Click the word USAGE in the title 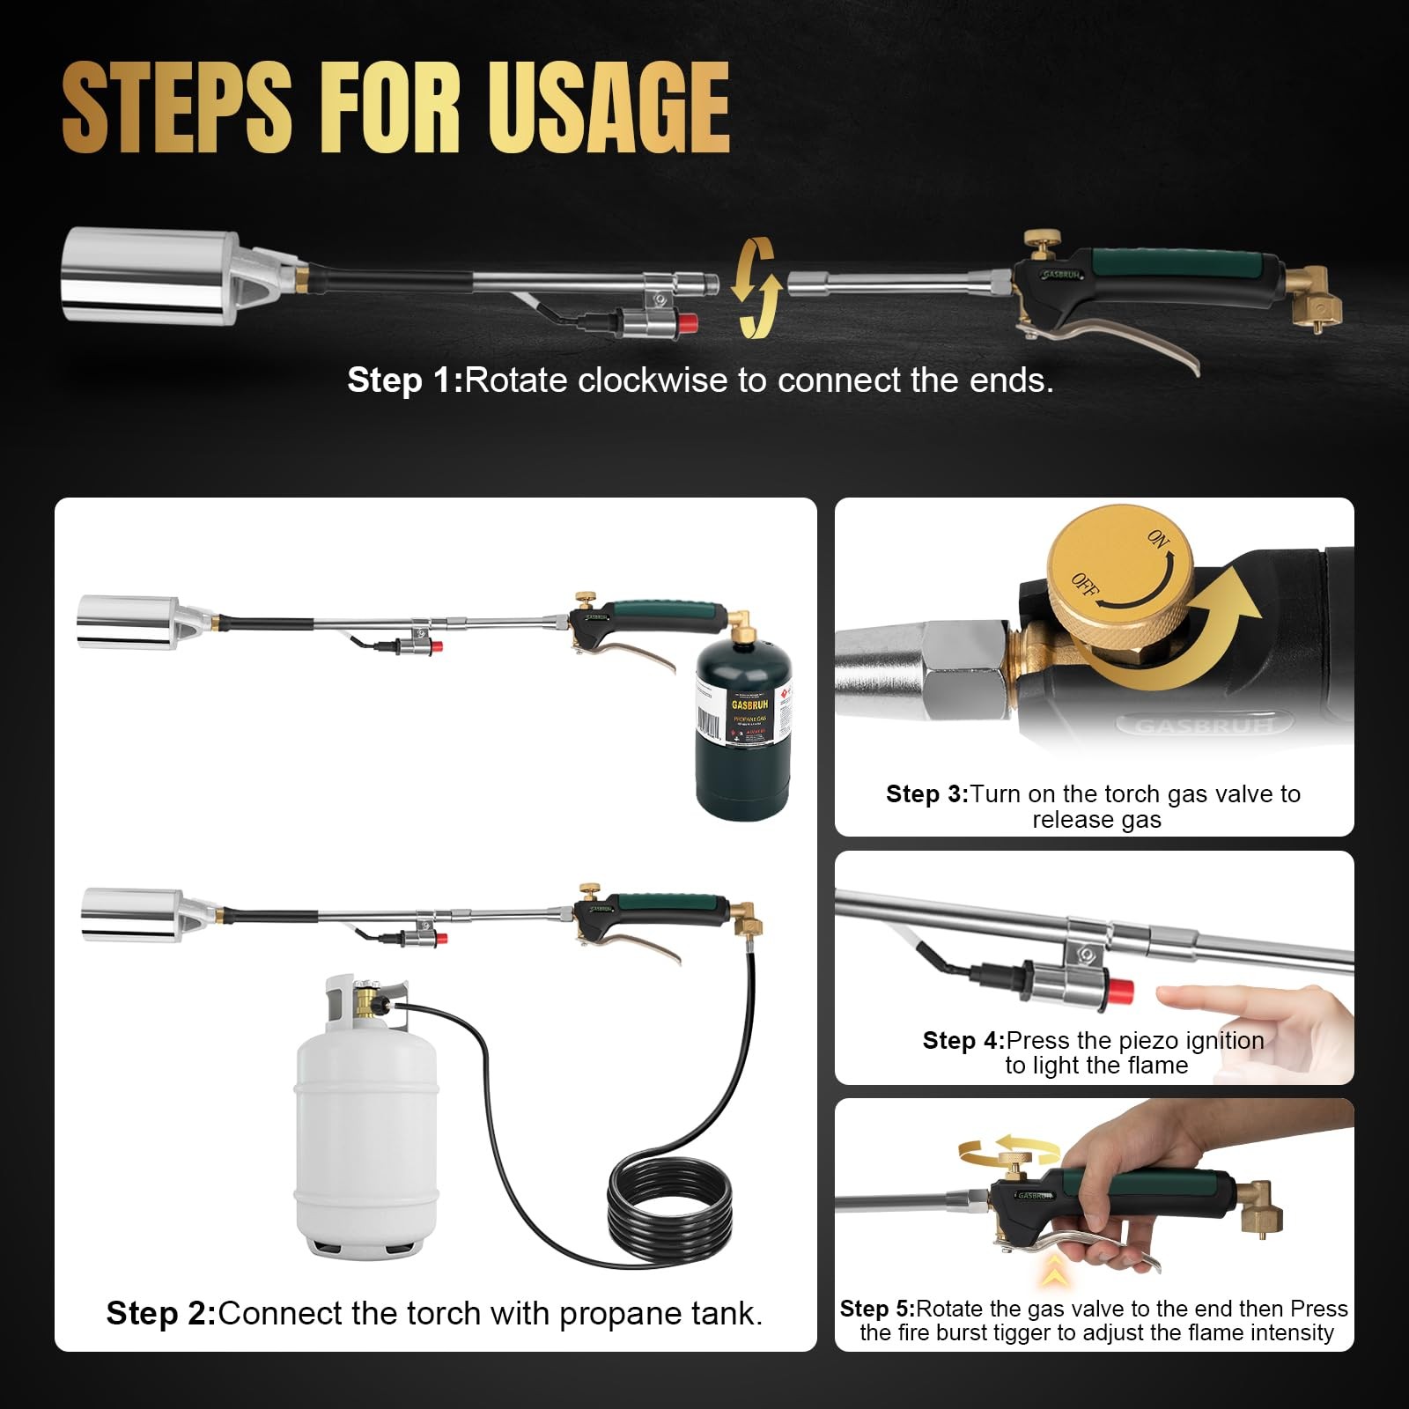608,107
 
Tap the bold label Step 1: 404,380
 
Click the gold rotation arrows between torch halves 756,288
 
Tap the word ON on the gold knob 1158,538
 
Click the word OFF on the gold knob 1084,584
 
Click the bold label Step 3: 926,794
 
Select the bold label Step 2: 160,1313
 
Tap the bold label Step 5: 876,1309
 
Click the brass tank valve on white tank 365,1001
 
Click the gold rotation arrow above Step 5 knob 1008,1148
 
